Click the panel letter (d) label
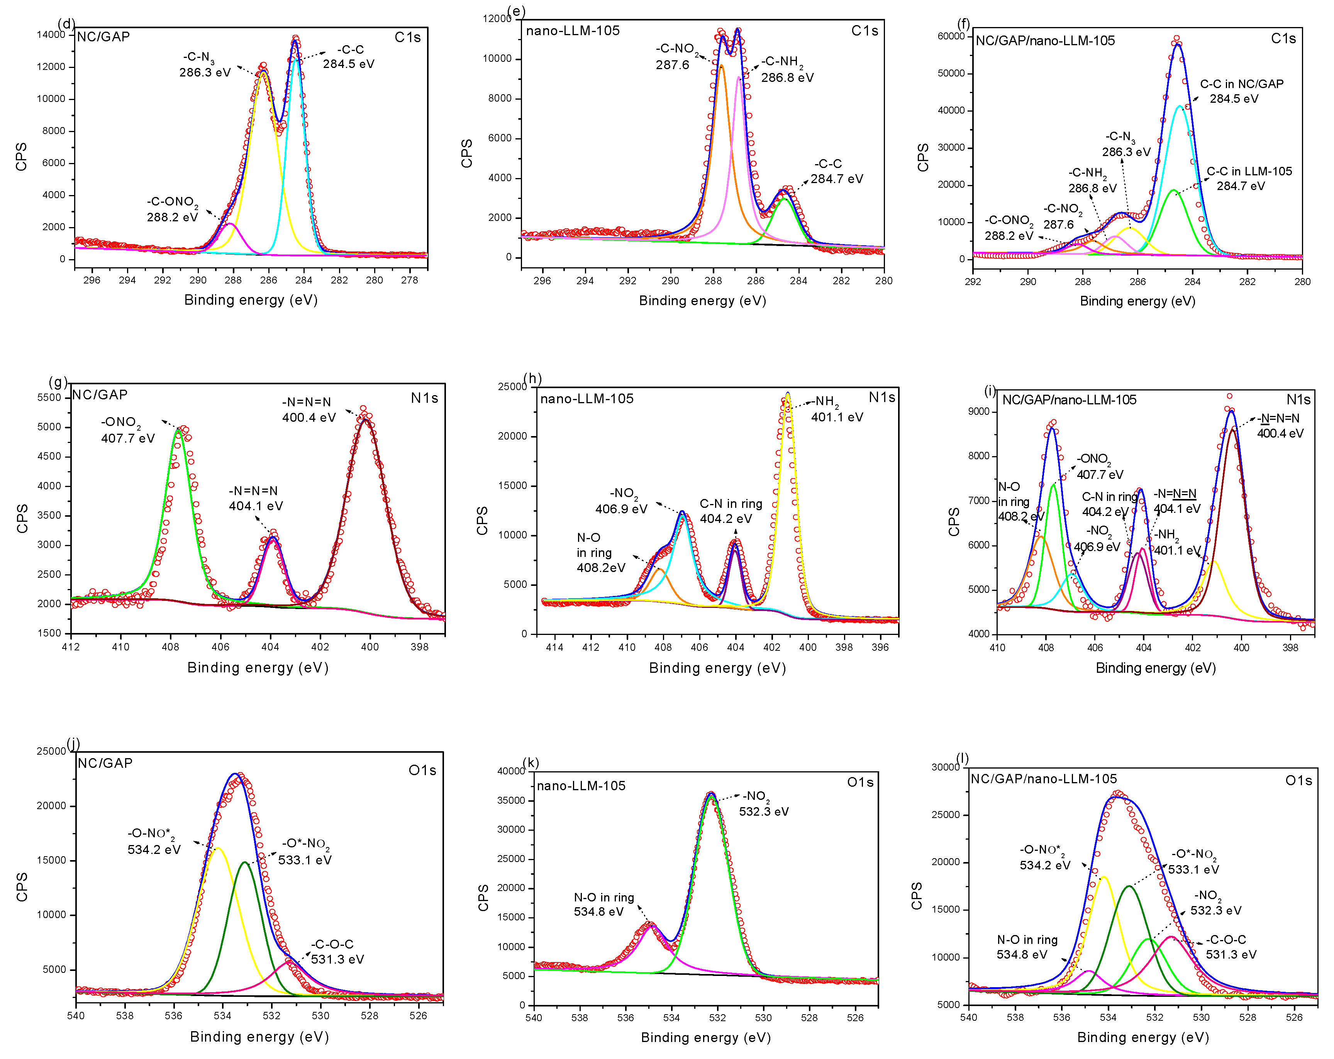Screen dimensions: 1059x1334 pos(66,24)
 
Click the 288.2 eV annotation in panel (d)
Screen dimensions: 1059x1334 pos(172,217)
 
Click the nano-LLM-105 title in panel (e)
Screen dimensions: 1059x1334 pos(572,31)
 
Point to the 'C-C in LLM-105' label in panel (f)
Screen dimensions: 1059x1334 pos(1249,171)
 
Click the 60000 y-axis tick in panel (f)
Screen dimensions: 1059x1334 pos(951,37)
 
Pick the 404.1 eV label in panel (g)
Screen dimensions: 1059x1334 pos(256,506)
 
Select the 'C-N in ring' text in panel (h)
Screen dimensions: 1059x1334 pos(731,504)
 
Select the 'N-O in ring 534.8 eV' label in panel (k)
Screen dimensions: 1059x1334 pos(603,904)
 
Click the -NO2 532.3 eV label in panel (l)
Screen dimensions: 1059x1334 pos(1215,903)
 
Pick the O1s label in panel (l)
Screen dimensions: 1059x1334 pos(1298,781)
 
